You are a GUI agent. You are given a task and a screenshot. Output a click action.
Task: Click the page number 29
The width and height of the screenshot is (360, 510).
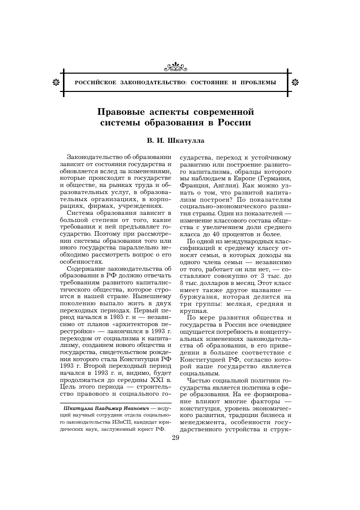pos(176,438)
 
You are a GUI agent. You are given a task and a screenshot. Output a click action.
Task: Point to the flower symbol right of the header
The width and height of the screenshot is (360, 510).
pos(297,82)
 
